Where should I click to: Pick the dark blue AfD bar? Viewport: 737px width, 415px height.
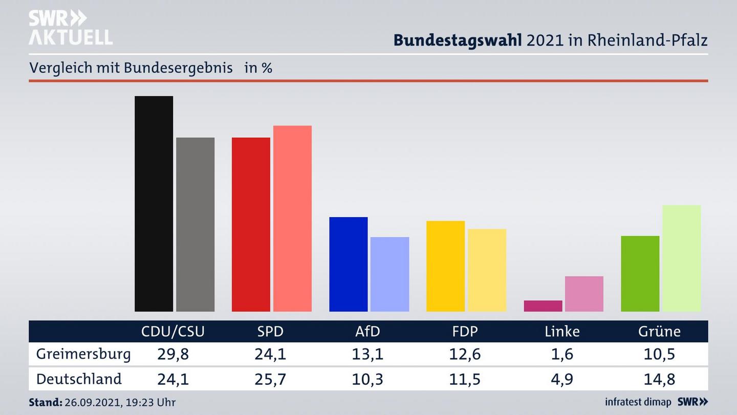pyautogui.click(x=348, y=264)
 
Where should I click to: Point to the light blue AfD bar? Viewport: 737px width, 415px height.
pyautogui.click(x=389, y=274)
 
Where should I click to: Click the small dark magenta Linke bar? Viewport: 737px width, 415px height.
pyautogui.click(x=543, y=306)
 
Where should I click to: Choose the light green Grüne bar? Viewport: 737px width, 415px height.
pyautogui.click(x=681, y=258)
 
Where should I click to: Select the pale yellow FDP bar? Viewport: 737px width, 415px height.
pyautogui.click(x=487, y=270)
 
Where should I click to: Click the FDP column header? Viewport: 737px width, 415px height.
pyautogui.click(x=465, y=331)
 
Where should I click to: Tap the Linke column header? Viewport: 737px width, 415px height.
pyautogui.click(x=562, y=331)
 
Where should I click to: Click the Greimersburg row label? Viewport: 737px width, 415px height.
pyautogui.click(x=83, y=354)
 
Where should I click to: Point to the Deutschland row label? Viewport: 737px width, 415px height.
pyautogui.click(x=79, y=379)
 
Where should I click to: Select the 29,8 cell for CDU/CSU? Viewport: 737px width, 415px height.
pyautogui.click(x=172, y=354)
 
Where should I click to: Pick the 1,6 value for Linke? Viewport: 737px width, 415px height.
pyautogui.click(x=562, y=354)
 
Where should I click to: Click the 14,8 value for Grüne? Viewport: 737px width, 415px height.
pyautogui.click(x=659, y=379)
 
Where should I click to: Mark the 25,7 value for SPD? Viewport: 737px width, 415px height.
pyautogui.click(x=270, y=379)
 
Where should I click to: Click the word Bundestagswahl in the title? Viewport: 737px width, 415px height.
pyautogui.click(x=458, y=40)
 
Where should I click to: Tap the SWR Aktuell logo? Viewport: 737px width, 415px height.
pyautogui.click(x=70, y=28)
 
